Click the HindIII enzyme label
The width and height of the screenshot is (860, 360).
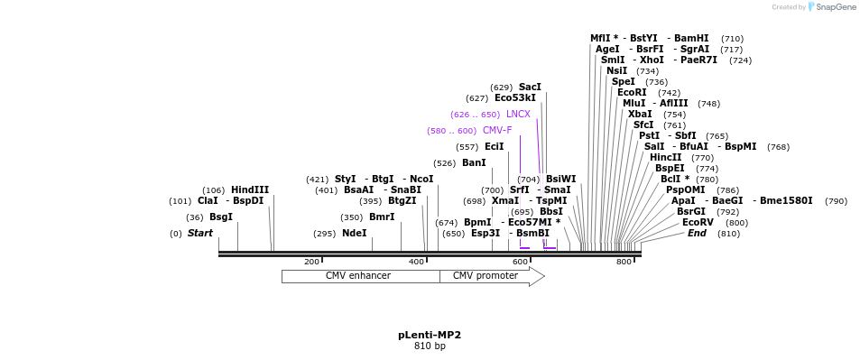coord(249,189)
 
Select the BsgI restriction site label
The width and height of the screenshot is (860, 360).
coord(221,217)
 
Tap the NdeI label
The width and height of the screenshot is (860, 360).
coord(355,233)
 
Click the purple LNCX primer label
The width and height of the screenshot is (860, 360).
coord(518,114)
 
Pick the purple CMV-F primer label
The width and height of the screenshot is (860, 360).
coord(496,130)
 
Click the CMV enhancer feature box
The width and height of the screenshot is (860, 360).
coord(359,276)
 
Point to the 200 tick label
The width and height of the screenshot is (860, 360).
coord(311,262)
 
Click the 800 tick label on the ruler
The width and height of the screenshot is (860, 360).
coord(624,262)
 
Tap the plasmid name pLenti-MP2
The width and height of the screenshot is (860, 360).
coord(430,335)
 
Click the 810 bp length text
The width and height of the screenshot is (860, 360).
coord(430,346)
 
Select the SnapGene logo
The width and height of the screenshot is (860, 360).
coord(831,6)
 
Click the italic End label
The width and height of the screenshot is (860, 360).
coord(697,233)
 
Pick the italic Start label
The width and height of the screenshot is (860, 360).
coord(199,233)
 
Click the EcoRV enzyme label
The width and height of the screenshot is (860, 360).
coord(698,222)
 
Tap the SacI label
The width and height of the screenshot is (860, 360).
coord(530,87)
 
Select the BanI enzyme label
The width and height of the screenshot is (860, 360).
coord(474,162)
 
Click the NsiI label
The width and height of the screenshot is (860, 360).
coord(616,70)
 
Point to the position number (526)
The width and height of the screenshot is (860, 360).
coord(445,163)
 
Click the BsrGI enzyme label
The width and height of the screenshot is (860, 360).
coord(691,211)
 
